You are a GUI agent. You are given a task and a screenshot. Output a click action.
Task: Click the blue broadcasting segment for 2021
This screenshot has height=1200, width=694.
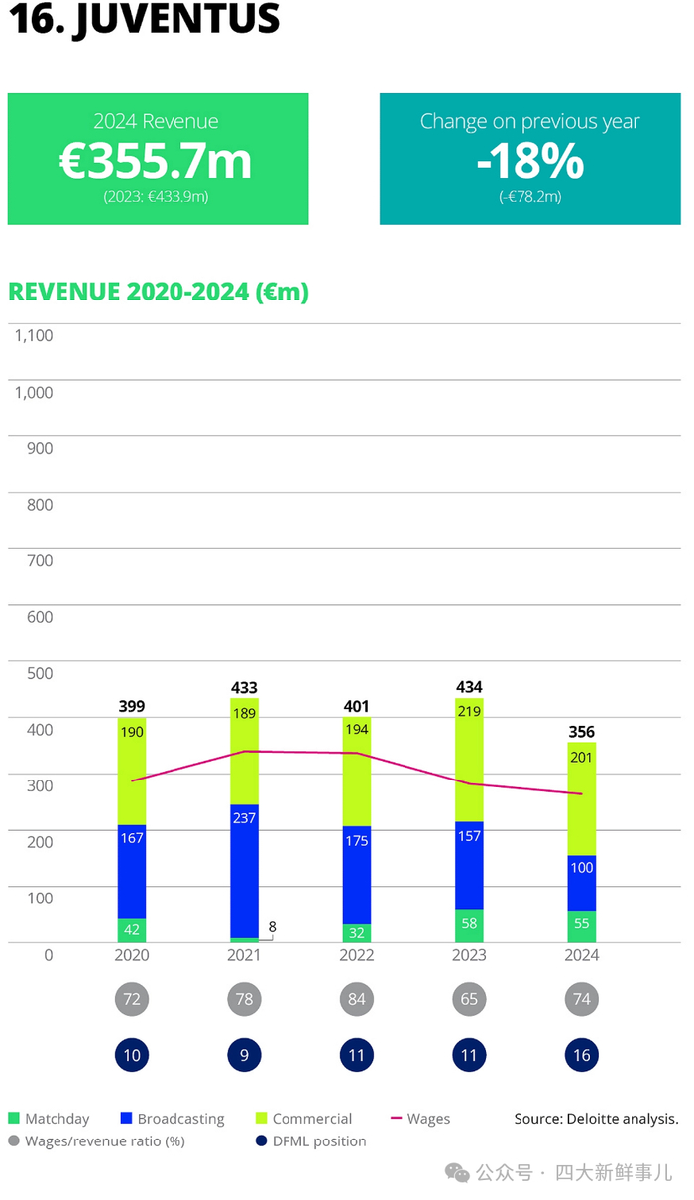pos(244,871)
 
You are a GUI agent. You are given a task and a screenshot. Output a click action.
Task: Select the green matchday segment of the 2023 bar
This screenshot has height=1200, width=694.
pos(469,925)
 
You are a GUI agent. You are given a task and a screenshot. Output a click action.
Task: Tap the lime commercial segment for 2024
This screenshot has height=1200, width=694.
pos(582,798)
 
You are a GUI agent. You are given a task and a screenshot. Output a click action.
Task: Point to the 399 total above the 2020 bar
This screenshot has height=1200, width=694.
pos(132,706)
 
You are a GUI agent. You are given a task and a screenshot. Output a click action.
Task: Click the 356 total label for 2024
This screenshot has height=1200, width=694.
pos(582,731)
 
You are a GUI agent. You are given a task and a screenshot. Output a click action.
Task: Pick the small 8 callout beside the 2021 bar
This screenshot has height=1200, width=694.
pos(272,926)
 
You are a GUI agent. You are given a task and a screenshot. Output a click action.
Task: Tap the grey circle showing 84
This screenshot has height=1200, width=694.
pos(357,999)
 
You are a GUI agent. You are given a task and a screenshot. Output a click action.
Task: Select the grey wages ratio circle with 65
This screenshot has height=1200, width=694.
pos(469,999)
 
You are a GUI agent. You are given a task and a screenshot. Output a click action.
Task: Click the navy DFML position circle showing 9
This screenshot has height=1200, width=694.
pos(244,1055)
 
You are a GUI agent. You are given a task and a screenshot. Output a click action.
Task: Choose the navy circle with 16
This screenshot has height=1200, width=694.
pos(582,1055)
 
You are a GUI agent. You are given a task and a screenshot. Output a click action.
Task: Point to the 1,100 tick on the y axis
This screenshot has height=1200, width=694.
pos(34,336)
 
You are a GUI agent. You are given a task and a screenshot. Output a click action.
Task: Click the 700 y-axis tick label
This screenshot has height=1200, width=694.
pos(40,561)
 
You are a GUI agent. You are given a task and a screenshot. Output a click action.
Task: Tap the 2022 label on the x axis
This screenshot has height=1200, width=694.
pos(357,955)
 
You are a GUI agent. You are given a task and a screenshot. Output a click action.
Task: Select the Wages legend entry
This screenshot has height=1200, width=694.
pos(420,1118)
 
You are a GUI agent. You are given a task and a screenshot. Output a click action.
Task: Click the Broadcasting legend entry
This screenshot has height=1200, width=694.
pos(173,1119)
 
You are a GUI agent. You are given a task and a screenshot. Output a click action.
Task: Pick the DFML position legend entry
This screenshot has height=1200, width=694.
pos(311,1141)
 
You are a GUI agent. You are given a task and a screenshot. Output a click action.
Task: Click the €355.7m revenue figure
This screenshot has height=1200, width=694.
pos(156,161)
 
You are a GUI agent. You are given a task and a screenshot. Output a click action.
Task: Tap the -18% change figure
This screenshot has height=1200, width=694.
pos(530,161)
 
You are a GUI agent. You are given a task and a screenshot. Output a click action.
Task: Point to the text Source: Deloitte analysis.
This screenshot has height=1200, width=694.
pos(597,1118)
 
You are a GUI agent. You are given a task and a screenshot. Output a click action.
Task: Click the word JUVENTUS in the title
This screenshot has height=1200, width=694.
pos(178,19)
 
